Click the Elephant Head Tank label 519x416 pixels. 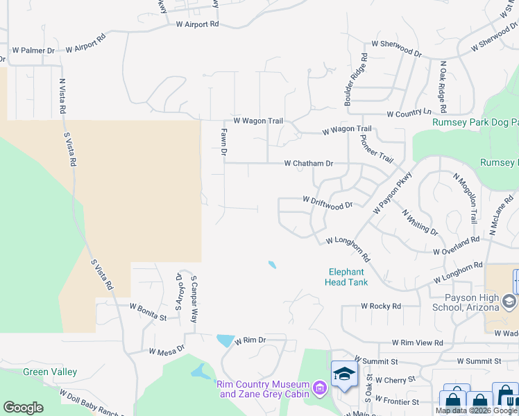[346, 277]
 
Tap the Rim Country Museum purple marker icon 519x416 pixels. [320, 388]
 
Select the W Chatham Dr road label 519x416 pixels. [309, 164]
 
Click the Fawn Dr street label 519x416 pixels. [223, 141]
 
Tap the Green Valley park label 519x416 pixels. [50, 372]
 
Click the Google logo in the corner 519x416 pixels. [23, 408]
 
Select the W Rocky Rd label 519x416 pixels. [381, 306]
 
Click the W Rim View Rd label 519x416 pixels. [417, 343]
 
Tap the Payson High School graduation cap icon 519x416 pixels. [510, 301]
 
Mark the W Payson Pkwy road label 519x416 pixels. [392, 192]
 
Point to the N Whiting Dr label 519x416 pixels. [420, 222]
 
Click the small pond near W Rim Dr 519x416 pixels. [226, 340]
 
